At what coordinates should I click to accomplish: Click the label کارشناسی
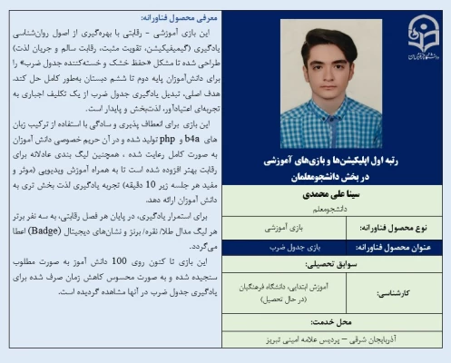tap(417, 294)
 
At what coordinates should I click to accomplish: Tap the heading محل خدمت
tap(335, 323)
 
